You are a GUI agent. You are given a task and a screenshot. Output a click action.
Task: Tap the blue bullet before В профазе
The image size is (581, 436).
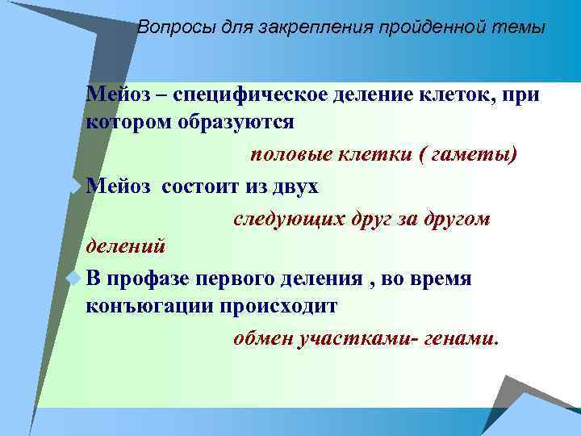75,278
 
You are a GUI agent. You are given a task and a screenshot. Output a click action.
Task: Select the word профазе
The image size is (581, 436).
148,279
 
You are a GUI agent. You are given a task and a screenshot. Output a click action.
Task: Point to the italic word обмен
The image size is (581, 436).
263,339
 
